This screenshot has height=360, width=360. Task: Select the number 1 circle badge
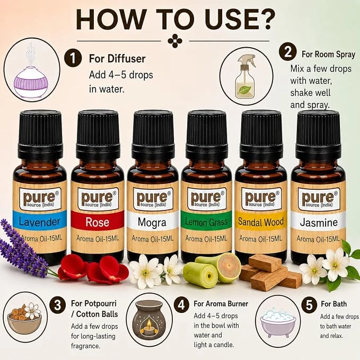(73, 58)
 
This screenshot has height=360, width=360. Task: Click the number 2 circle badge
(288, 52)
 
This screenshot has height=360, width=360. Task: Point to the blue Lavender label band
(39, 221)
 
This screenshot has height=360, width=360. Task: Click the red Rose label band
(98, 221)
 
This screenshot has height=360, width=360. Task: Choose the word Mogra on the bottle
(152, 222)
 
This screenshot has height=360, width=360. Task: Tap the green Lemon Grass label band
(206, 221)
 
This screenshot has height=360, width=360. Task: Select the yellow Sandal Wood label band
(261, 221)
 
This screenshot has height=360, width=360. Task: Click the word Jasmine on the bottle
(319, 222)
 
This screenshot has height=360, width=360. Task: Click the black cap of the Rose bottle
(98, 135)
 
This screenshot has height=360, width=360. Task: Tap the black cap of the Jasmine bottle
(318, 135)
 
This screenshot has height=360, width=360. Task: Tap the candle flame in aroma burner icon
(149, 323)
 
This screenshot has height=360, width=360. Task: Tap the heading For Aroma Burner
(221, 304)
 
